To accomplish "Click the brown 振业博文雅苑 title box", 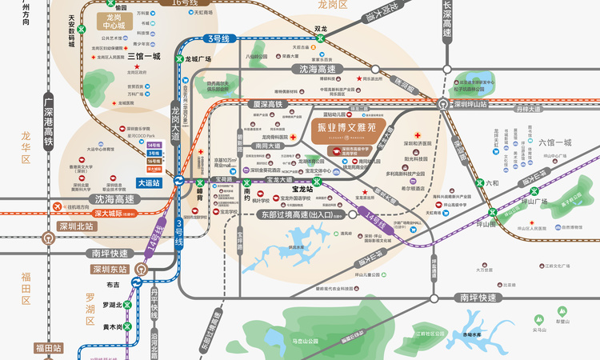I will pyautogui.click(x=346, y=128).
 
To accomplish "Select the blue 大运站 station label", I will pyautogui.click(x=149, y=183).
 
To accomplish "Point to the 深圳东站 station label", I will pyautogui.click(x=110, y=270).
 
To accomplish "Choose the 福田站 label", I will pyautogui.click(x=47, y=348).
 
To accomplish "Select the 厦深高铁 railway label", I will pyautogui.click(x=269, y=105).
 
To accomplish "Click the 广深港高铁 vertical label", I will pyautogui.click(x=49, y=120).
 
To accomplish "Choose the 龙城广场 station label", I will pyautogui.click(x=197, y=59).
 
